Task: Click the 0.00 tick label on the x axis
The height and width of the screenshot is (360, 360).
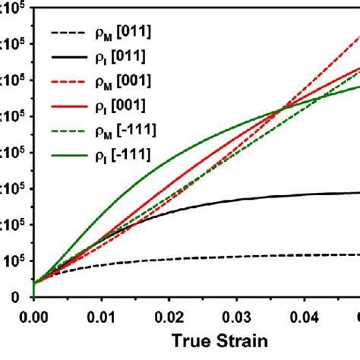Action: (34, 312)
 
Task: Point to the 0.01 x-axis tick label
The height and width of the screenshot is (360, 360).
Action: (101, 312)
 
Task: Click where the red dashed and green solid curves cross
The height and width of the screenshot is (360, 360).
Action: (282, 109)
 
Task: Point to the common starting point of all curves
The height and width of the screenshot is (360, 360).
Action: (34, 283)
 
